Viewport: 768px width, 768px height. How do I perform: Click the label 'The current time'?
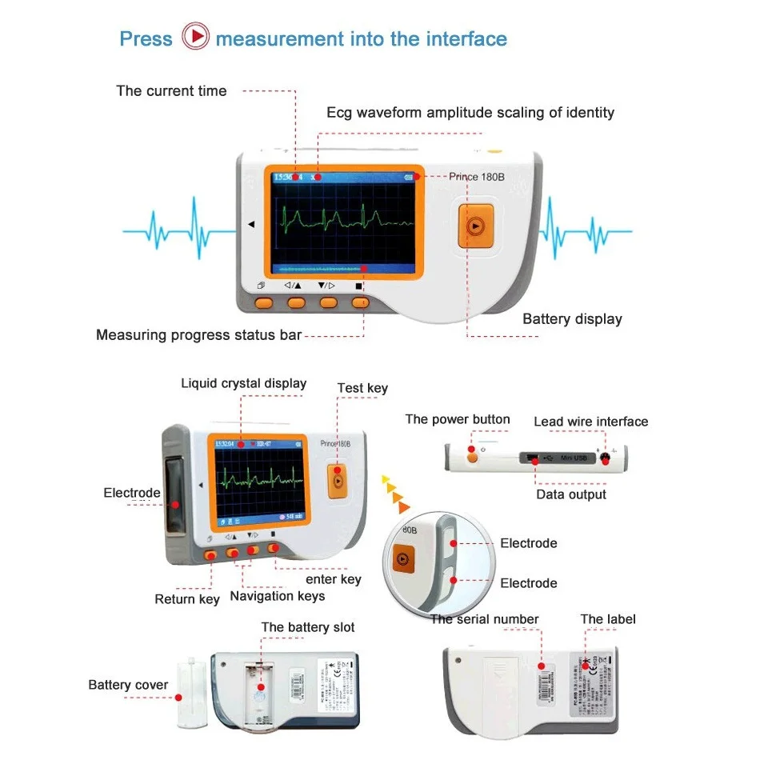pyautogui.click(x=171, y=91)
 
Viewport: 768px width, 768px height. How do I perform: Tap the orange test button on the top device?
pyautogui.click(x=474, y=226)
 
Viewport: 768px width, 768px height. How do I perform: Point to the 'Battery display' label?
pyautogui.click(x=572, y=319)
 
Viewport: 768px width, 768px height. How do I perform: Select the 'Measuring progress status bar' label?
pyautogui.click(x=198, y=335)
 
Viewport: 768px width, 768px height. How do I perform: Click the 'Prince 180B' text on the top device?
pyautogui.click(x=476, y=177)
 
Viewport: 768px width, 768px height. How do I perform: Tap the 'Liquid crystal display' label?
pyautogui.click(x=243, y=383)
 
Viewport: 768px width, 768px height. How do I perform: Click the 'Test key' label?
pyautogui.click(x=362, y=388)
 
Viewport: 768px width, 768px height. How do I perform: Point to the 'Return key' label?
pyautogui.click(x=187, y=599)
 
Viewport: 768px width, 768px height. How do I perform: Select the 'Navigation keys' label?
pyautogui.click(x=278, y=596)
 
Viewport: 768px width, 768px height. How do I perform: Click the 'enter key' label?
pyautogui.click(x=334, y=579)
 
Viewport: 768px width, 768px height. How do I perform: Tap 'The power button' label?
pyautogui.click(x=457, y=419)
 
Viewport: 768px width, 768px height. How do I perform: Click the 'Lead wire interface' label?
pyautogui.click(x=591, y=422)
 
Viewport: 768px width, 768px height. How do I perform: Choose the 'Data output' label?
pyautogui.click(x=571, y=494)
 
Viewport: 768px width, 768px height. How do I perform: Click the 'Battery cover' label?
pyautogui.click(x=128, y=685)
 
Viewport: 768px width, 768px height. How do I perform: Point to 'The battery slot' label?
pyautogui.click(x=308, y=627)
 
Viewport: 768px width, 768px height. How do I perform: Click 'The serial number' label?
pyautogui.click(x=484, y=619)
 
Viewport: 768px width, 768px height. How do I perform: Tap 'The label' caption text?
pyautogui.click(x=608, y=619)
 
